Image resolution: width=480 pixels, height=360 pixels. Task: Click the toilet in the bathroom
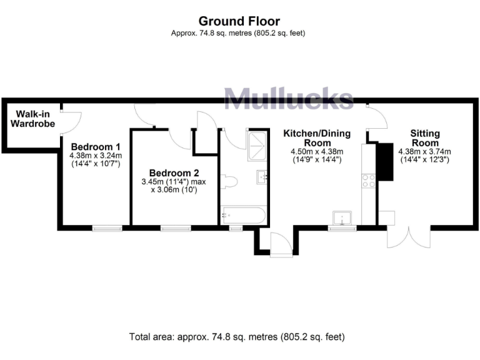(231, 182)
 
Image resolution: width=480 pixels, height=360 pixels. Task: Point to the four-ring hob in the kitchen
(369, 181)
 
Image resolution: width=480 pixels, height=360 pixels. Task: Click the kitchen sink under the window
(342, 217)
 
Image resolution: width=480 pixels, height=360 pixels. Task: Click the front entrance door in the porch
(281, 245)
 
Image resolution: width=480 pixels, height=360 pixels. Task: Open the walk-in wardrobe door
(70, 119)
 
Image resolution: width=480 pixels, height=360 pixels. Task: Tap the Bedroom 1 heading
(95, 147)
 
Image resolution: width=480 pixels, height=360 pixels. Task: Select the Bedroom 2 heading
(174, 172)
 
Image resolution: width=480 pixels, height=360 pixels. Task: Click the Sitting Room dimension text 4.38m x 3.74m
(424, 151)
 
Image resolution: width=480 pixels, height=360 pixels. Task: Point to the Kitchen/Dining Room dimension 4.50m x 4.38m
(317, 151)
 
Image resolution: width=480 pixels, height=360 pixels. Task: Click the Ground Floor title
(240, 21)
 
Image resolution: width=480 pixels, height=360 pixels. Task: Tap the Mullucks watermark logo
(288, 98)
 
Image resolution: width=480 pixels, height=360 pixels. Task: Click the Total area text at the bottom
(237, 336)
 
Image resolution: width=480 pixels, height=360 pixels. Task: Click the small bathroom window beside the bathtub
(236, 228)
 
